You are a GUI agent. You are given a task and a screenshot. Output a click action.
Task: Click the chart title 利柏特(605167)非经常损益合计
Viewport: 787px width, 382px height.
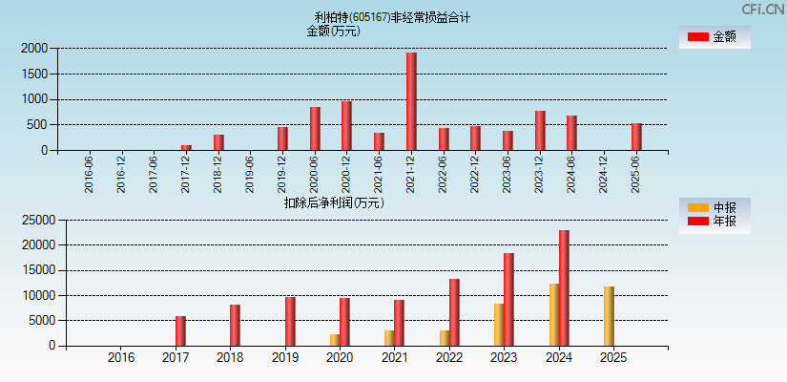(x=392, y=17)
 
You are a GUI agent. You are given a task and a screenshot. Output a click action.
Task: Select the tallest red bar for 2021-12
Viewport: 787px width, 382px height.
(x=411, y=101)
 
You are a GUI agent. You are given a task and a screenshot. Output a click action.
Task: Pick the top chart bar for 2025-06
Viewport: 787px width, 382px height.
(x=636, y=137)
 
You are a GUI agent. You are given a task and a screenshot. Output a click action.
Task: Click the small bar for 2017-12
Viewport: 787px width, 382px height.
(x=186, y=147)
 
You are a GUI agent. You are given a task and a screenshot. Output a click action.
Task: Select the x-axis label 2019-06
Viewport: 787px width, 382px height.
(x=250, y=175)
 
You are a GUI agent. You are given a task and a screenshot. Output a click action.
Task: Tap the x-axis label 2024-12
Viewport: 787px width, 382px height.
(x=604, y=175)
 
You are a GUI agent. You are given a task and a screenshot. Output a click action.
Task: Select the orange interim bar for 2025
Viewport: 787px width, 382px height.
(x=609, y=316)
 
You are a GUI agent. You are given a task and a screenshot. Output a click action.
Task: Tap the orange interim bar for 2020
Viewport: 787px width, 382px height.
(x=335, y=340)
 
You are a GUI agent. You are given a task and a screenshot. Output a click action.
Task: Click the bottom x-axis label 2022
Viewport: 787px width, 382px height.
(x=449, y=358)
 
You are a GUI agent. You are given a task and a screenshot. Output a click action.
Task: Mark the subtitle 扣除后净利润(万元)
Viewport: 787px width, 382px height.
(x=333, y=202)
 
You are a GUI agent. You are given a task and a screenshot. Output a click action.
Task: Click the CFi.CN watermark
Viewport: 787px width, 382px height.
(x=763, y=9)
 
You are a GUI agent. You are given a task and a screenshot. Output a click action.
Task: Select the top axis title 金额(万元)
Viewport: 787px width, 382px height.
(x=333, y=31)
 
